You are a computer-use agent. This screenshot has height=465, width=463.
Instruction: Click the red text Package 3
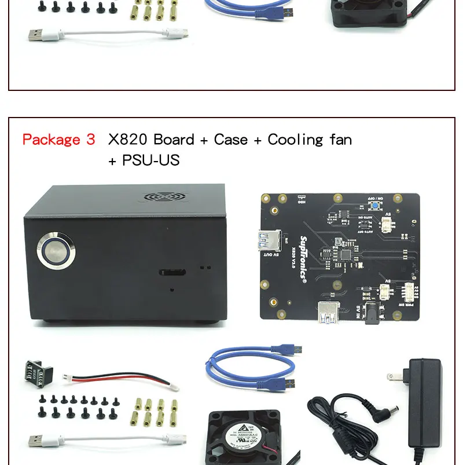click(58, 140)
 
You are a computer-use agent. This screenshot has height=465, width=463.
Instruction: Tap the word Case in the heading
click(230, 140)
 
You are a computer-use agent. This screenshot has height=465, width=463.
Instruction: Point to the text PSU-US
click(150, 160)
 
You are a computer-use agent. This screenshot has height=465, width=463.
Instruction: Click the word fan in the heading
click(338, 140)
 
